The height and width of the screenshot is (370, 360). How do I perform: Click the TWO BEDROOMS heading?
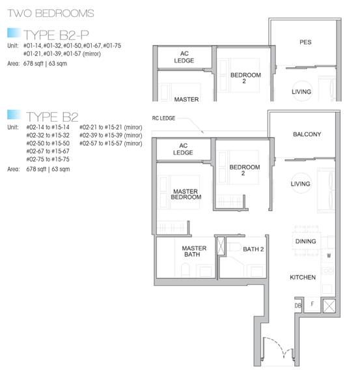[51, 13]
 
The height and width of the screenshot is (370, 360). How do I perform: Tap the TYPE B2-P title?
[56, 35]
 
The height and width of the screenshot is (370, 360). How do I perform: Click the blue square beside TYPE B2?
[14, 115]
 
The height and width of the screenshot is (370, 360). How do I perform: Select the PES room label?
[305, 42]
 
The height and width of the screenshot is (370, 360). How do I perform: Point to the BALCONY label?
[307, 134]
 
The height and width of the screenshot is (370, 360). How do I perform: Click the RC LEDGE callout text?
[163, 118]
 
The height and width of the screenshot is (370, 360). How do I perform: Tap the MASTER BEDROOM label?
[186, 194]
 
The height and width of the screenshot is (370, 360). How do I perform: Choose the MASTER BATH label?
[194, 251]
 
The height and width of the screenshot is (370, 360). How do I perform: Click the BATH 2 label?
[253, 249]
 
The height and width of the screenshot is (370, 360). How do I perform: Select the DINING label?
[305, 242]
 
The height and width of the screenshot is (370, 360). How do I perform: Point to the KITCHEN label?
[303, 277]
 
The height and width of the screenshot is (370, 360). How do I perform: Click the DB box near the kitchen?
[298, 306]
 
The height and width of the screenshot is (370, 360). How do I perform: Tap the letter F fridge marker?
[312, 304]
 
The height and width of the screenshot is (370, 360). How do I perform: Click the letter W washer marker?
[329, 255]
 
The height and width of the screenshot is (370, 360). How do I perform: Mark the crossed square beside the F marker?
[329, 306]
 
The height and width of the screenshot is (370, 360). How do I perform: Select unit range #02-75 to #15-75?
[48, 160]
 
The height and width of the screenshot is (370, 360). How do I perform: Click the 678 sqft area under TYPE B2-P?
[34, 63]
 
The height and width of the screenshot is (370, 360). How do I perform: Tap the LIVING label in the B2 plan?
[300, 184]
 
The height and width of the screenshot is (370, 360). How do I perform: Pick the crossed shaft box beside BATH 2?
[221, 246]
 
